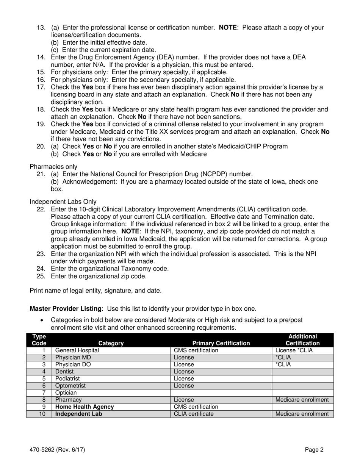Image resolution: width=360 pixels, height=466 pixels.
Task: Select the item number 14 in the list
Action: (x=41, y=57)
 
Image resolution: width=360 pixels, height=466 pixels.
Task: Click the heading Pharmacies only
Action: (x=53, y=167)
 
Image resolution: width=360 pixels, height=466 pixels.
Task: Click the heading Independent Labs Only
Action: (x=63, y=202)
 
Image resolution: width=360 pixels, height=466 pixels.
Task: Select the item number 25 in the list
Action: (x=41, y=276)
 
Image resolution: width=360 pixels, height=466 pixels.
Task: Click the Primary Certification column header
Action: (x=221, y=343)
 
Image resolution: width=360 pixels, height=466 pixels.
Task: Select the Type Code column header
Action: (x=39, y=340)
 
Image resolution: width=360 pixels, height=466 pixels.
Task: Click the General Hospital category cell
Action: (x=77, y=350)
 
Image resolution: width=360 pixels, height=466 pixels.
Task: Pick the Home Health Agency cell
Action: (x=85, y=407)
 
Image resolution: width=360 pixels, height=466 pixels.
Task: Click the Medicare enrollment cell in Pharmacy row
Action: (x=302, y=400)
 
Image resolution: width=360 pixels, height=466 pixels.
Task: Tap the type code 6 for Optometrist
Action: (x=44, y=386)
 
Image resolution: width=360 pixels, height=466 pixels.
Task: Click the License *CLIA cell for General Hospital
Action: (x=294, y=350)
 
